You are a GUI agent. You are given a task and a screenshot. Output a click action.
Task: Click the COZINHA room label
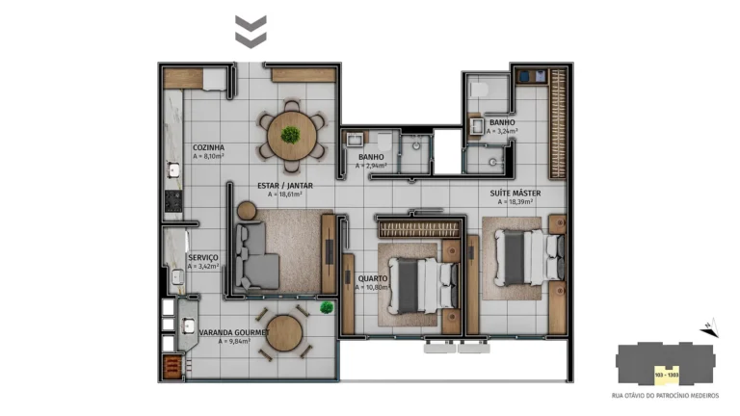(x=208, y=147)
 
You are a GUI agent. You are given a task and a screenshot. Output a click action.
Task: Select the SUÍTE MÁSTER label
(x=518, y=193)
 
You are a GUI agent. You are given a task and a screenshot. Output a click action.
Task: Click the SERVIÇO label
(x=203, y=258)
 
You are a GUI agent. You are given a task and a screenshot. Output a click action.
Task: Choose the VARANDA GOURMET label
(x=233, y=332)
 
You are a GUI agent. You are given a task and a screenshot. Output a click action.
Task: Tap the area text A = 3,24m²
(x=502, y=132)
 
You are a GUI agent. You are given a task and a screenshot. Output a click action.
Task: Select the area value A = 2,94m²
(x=371, y=166)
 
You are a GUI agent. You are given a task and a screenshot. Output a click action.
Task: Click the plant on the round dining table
(x=290, y=134)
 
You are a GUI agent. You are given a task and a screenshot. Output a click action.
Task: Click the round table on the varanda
(x=284, y=334)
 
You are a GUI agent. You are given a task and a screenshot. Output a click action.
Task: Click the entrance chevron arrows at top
(x=251, y=31)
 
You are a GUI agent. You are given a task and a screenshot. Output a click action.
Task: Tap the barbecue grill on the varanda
(x=172, y=366)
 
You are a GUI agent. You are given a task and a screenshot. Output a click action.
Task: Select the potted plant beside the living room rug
(x=327, y=307)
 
